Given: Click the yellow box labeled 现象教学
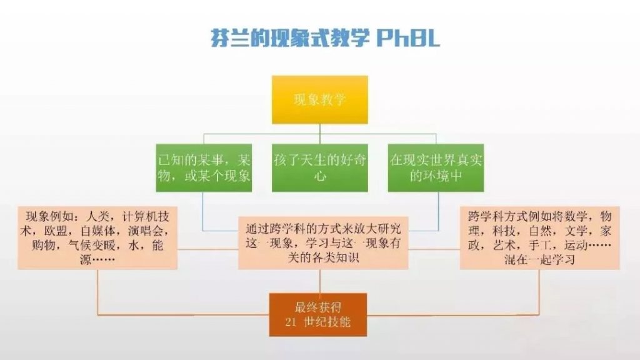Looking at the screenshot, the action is [x=319, y=99].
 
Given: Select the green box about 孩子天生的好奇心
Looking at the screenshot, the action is [x=319, y=167].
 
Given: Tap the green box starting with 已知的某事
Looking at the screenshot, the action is [x=204, y=167].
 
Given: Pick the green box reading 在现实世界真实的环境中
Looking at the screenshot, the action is [x=436, y=167].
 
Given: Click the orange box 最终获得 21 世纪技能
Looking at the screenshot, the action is [x=318, y=315].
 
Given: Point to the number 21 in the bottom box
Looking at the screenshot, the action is [x=291, y=322].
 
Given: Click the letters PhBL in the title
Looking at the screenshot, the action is [x=408, y=38].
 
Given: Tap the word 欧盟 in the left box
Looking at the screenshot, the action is [x=56, y=231].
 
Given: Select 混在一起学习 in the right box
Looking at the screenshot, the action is [x=539, y=259].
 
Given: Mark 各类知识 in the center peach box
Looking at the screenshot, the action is [x=335, y=257].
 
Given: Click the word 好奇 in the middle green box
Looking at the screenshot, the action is [x=354, y=160].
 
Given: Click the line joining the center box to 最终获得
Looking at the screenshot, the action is [x=319, y=281].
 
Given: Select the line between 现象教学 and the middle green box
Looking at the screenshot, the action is [x=319, y=134].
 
